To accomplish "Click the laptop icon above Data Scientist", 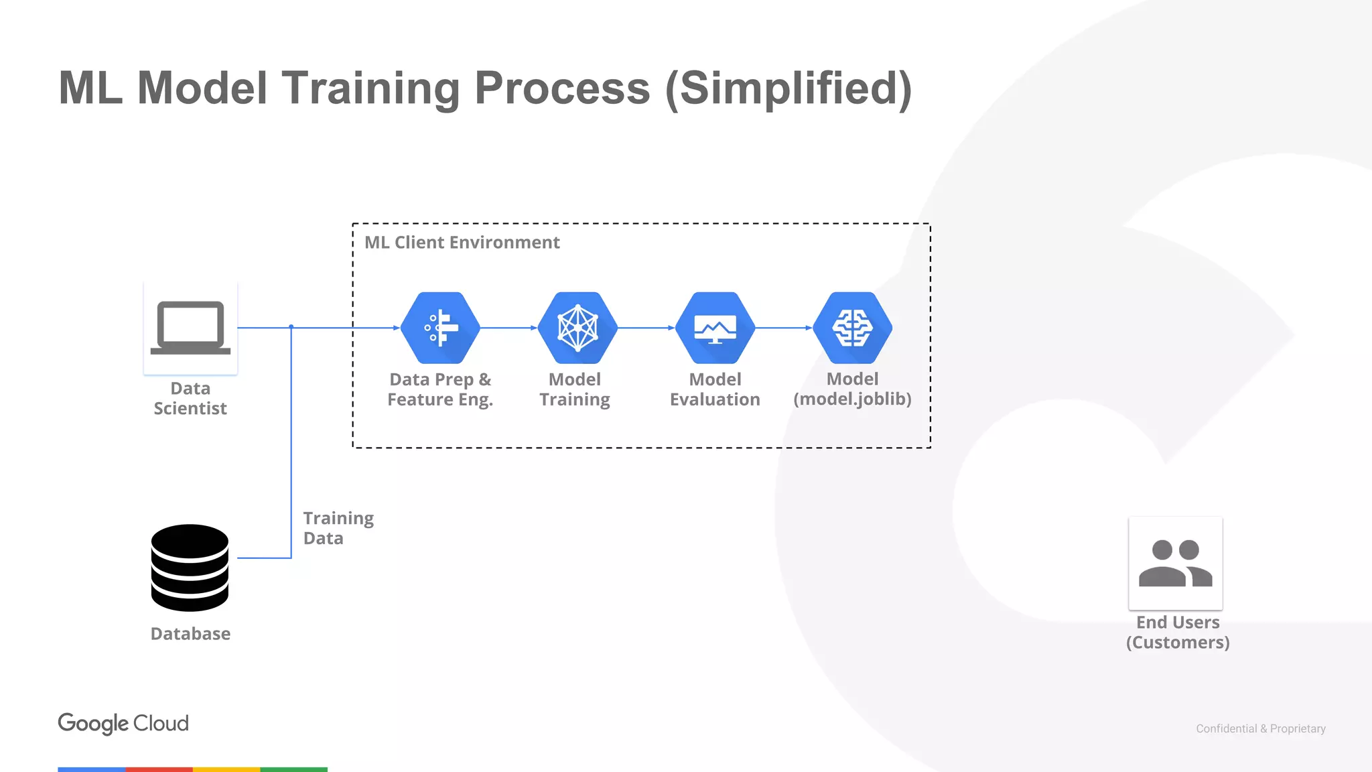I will (x=190, y=327).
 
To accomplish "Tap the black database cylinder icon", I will (x=190, y=568).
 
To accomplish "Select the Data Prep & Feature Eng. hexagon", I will (x=440, y=328).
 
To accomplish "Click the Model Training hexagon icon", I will (x=577, y=328).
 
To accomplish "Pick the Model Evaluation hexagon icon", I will (x=715, y=328).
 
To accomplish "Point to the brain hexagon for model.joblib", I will (x=852, y=328).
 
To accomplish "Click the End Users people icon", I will (x=1176, y=564).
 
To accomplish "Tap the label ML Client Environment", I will (x=462, y=243).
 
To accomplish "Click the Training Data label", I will (x=338, y=528).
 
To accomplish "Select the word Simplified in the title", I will (x=788, y=88).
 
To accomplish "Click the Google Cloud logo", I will (x=123, y=723).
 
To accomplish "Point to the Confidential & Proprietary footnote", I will (x=1260, y=728).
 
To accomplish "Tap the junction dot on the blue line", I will (x=291, y=327).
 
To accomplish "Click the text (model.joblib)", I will (x=852, y=399).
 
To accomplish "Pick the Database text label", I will (x=190, y=634).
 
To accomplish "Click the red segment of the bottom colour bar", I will (x=159, y=769).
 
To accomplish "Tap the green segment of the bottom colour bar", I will (x=293, y=769).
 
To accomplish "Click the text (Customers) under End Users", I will (x=1178, y=643).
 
